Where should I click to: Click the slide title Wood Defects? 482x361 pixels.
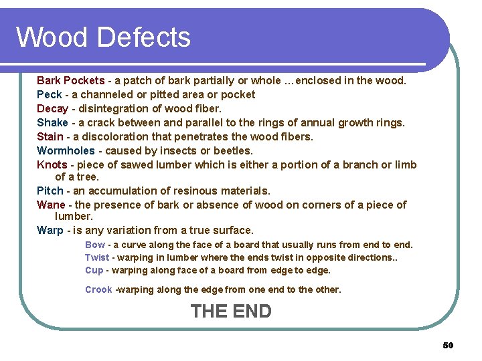[x=103, y=37]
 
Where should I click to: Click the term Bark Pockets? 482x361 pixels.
[x=70, y=80]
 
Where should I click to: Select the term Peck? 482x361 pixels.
[x=49, y=94]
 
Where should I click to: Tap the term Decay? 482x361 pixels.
[x=52, y=108]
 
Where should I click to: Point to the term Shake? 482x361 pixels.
[x=52, y=122]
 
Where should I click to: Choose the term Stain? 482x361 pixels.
[x=50, y=136]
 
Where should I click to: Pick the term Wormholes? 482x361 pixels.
[x=66, y=150]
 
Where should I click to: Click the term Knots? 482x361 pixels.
[x=52, y=164]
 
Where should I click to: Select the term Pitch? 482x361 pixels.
[x=50, y=191]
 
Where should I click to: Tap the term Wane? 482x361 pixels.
[x=50, y=205]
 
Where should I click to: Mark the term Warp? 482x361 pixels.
[x=50, y=230]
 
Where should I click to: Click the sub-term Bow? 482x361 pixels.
[x=95, y=245]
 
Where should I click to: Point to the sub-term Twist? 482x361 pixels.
[x=97, y=257]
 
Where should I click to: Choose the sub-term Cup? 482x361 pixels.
[x=94, y=270]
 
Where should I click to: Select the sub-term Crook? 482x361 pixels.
[x=98, y=289]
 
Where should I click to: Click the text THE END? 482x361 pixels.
[x=231, y=311]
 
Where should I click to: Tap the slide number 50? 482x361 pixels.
[x=448, y=345]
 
